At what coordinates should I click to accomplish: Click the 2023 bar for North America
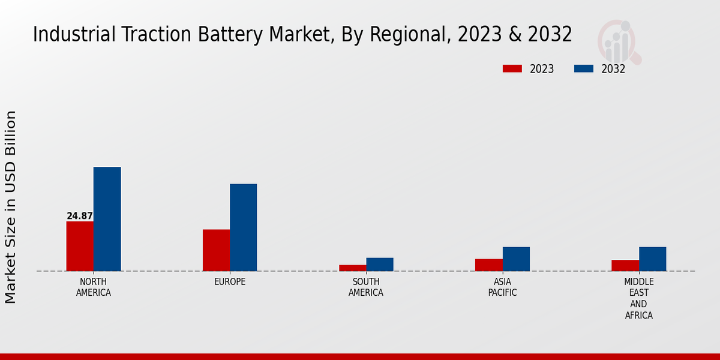coord(80,246)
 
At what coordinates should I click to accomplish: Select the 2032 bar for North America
coord(107,219)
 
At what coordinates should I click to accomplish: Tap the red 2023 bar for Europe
coord(216,250)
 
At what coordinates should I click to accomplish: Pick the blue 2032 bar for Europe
coord(243,227)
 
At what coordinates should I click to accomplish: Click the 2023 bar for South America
coord(352,268)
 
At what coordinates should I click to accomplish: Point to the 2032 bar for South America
coord(380,264)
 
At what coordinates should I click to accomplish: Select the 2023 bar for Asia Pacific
coord(488,265)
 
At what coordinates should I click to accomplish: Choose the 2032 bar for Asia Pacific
coord(516,259)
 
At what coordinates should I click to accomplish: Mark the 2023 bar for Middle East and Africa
coord(625,265)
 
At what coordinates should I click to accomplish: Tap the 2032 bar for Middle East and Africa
coord(652,259)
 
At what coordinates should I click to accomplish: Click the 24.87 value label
coord(80,216)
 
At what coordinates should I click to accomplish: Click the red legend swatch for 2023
coord(512,69)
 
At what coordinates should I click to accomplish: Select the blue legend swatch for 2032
coord(583,69)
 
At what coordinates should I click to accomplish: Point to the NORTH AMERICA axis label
coord(94,287)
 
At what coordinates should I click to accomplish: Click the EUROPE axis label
coord(230,282)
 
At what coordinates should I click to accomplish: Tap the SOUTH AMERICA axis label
coord(366,287)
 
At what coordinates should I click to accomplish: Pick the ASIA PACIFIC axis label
coord(502,287)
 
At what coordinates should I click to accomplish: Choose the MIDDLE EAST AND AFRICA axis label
coord(638,298)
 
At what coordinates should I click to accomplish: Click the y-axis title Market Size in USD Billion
coord(11,207)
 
